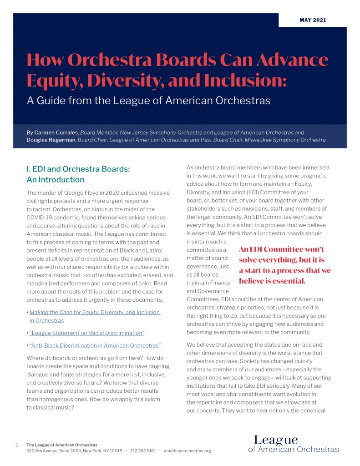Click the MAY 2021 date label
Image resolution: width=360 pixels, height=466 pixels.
313,20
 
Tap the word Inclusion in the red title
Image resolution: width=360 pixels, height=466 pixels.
246,81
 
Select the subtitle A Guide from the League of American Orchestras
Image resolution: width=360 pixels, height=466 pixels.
148,100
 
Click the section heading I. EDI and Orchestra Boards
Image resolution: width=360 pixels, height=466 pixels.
78,169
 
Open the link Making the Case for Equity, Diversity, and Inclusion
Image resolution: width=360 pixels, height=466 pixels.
95,313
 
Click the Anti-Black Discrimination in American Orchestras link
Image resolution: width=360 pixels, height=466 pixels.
95,345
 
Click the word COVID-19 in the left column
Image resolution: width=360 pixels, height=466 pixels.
41,218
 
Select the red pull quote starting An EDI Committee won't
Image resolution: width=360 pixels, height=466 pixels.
284,265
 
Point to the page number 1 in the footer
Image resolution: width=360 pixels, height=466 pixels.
17,445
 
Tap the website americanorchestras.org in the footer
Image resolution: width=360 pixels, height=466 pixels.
188,451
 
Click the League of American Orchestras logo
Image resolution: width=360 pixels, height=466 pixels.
293,444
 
